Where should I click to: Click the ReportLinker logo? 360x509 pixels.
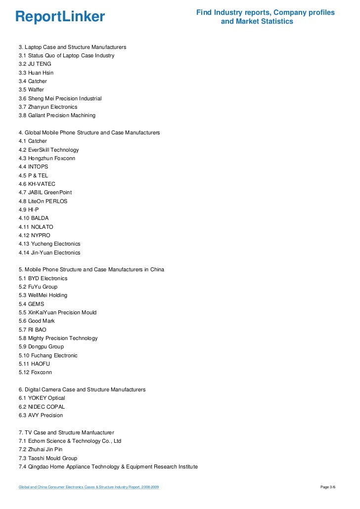pos(60,17)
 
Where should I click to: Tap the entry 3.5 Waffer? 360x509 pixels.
pos(31,90)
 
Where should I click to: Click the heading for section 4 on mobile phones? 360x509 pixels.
pos(89,132)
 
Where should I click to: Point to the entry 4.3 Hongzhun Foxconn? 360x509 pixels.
pos(47,158)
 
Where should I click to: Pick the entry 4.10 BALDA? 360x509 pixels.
pos(34,218)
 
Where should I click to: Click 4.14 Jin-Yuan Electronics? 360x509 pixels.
pos(49,253)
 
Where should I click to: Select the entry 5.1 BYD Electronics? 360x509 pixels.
pos(43,278)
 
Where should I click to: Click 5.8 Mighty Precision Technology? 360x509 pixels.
pos(58,338)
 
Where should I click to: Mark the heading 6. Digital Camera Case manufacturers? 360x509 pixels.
pos(82,389)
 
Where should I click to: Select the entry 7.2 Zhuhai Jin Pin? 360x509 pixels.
pos(41,449)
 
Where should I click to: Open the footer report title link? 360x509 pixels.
pos(89,488)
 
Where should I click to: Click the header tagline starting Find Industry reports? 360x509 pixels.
pos(265,17)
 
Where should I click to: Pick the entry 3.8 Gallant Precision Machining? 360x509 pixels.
pos(57,115)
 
